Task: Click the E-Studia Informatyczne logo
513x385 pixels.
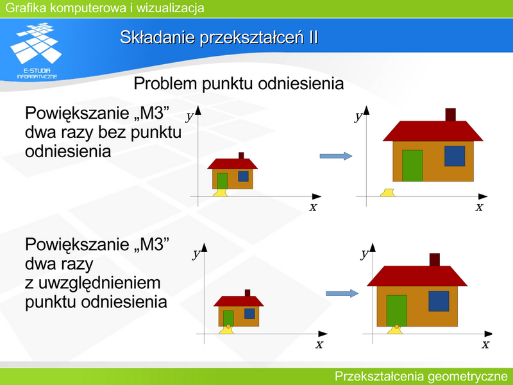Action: click(x=36, y=51)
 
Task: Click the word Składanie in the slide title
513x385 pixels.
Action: click(x=156, y=37)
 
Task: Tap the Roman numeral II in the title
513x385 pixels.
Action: click(x=313, y=37)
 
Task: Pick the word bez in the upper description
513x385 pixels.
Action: click(x=113, y=132)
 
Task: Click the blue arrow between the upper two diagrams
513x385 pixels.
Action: click(x=335, y=156)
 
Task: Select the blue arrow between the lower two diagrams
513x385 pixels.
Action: click(x=342, y=293)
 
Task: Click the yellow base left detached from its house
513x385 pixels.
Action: click(x=387, y=193)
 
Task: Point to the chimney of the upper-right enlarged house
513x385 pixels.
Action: click(x=451, y=115)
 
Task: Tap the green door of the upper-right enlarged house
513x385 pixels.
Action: click(x=412, y=166)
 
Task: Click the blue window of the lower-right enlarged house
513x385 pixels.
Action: click(x=439, y=301)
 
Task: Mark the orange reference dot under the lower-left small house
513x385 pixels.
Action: click(x=228, y=327)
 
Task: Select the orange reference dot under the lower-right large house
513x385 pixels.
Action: click(x=397, y=327)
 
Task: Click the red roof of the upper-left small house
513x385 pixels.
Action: click(x=233, y=164)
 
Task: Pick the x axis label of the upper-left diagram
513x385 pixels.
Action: click(x=314, y=207)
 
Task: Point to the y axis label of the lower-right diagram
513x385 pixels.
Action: click(x=364, y=254)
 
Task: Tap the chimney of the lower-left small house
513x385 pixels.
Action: click(x=248, y=293)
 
